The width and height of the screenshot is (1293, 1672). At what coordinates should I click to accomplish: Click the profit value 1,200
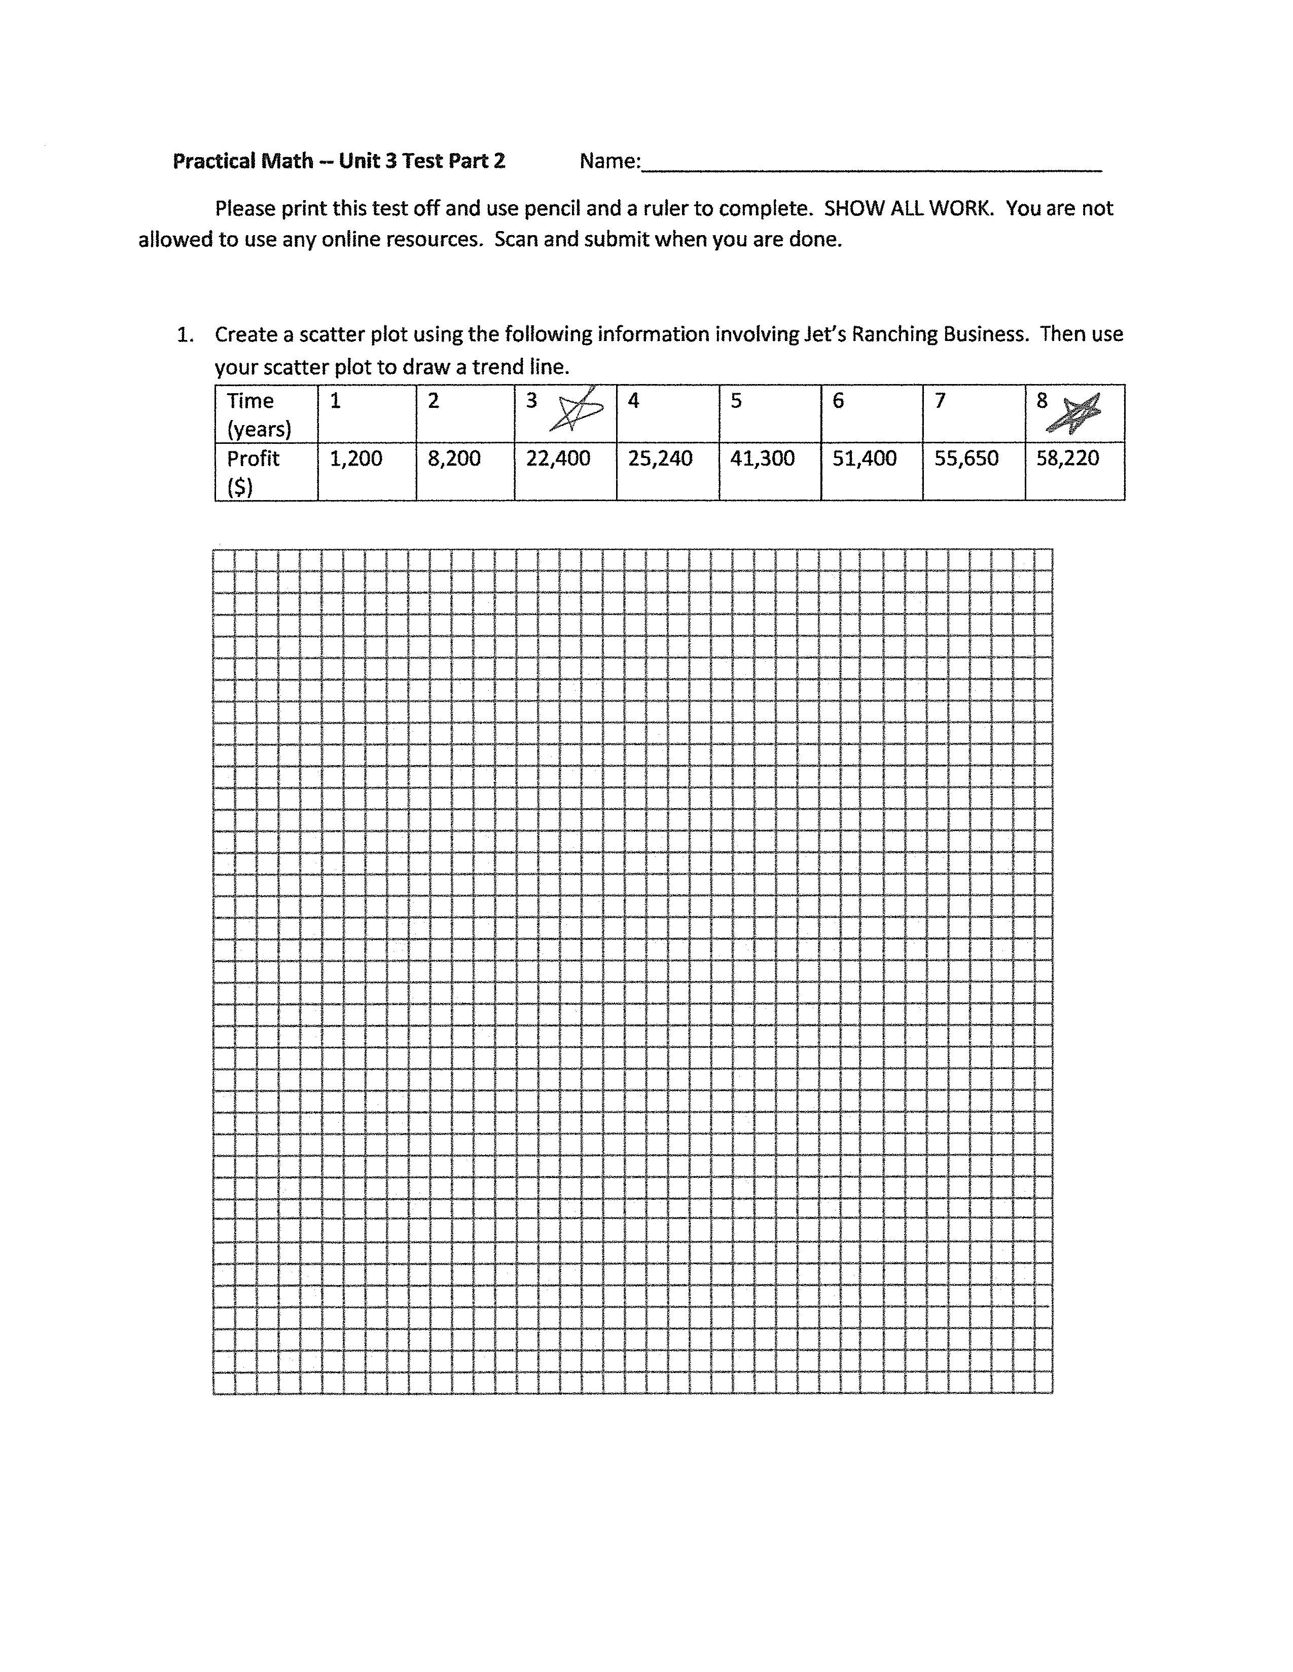355,459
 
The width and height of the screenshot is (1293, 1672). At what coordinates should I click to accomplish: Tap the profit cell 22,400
558,459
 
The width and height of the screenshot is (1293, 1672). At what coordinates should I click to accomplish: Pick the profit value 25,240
660,459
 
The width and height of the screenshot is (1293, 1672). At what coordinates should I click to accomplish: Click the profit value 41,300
762,459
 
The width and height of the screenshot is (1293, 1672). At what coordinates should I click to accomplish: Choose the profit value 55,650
966,459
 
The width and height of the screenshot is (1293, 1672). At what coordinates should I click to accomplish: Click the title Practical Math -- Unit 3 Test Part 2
339,161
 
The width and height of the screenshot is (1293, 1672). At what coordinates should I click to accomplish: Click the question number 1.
184,334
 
